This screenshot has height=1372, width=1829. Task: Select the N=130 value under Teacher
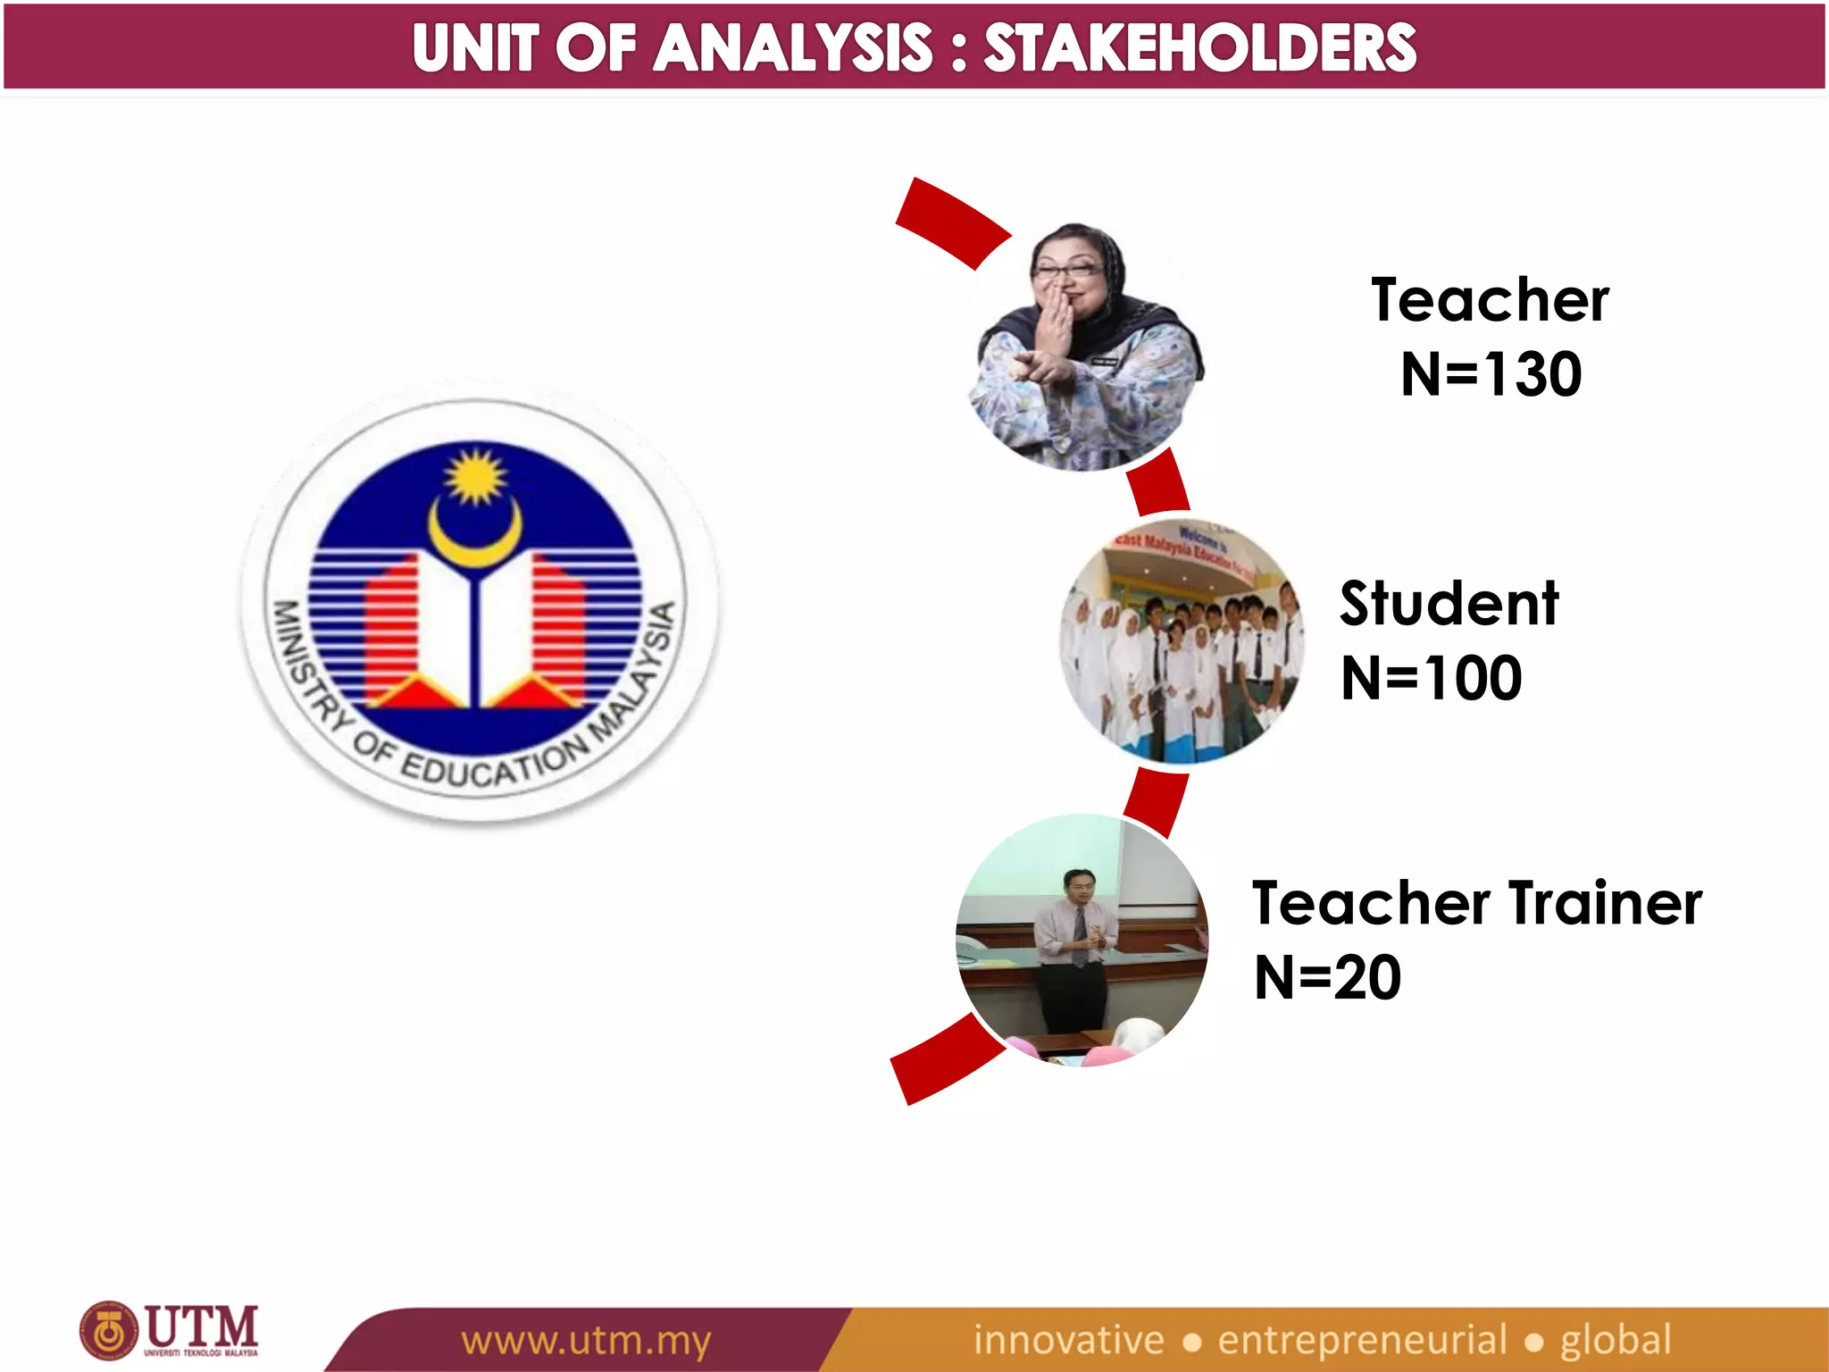(x=1491, y=374)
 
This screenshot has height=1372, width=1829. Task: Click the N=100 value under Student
(x=1431, y=678)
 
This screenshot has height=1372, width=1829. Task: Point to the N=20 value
(x=1327, y=978)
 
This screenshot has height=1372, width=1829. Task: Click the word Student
(x=1449, y=604)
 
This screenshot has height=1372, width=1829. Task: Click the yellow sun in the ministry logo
(x=475, y=475)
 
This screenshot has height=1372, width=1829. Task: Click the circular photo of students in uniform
(x=1182, y=641)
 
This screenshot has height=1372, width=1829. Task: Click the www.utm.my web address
(x=586, y=1341)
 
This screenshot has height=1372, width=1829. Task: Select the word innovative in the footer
(x=1068, y=1340)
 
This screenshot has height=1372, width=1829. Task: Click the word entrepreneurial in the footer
(x=1362, y=1340)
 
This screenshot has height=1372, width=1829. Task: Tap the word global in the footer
(x=1615, y=1340)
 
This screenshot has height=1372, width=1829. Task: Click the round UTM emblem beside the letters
(x=109, y=1331)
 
